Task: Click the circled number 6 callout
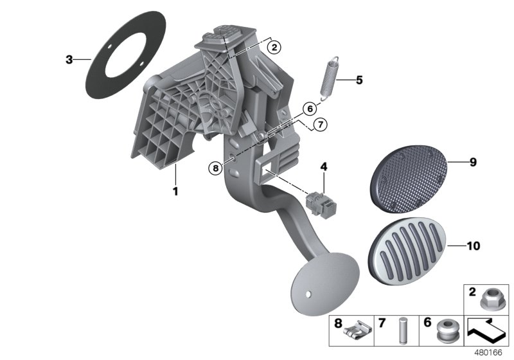click(308, 109)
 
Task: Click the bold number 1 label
click(173, 192)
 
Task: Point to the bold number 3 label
click(69, 60)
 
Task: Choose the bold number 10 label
click(473, 246)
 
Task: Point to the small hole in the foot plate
click(310, 295)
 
